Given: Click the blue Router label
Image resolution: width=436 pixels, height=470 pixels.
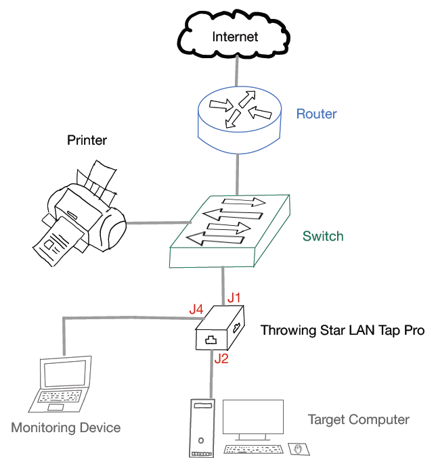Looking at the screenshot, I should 316,114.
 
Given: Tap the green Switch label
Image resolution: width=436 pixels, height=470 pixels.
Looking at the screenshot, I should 323,236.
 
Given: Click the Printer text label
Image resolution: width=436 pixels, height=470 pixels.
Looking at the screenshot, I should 87,141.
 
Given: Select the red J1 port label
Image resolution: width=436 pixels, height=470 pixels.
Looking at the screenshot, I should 234,298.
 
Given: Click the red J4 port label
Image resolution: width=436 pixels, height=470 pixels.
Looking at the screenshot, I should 196,309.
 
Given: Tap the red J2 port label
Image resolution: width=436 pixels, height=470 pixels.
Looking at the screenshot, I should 221,358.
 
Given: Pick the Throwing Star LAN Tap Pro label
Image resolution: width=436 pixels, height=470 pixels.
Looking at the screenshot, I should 343,331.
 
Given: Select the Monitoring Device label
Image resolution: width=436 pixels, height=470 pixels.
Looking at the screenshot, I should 66,427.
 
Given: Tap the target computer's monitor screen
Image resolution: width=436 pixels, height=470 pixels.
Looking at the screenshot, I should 253,419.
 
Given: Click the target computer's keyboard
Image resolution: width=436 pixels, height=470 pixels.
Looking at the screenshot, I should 253,449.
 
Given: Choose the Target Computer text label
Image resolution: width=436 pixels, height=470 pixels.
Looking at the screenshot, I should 359,419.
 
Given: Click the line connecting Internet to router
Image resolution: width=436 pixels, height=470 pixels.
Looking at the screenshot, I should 236,72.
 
